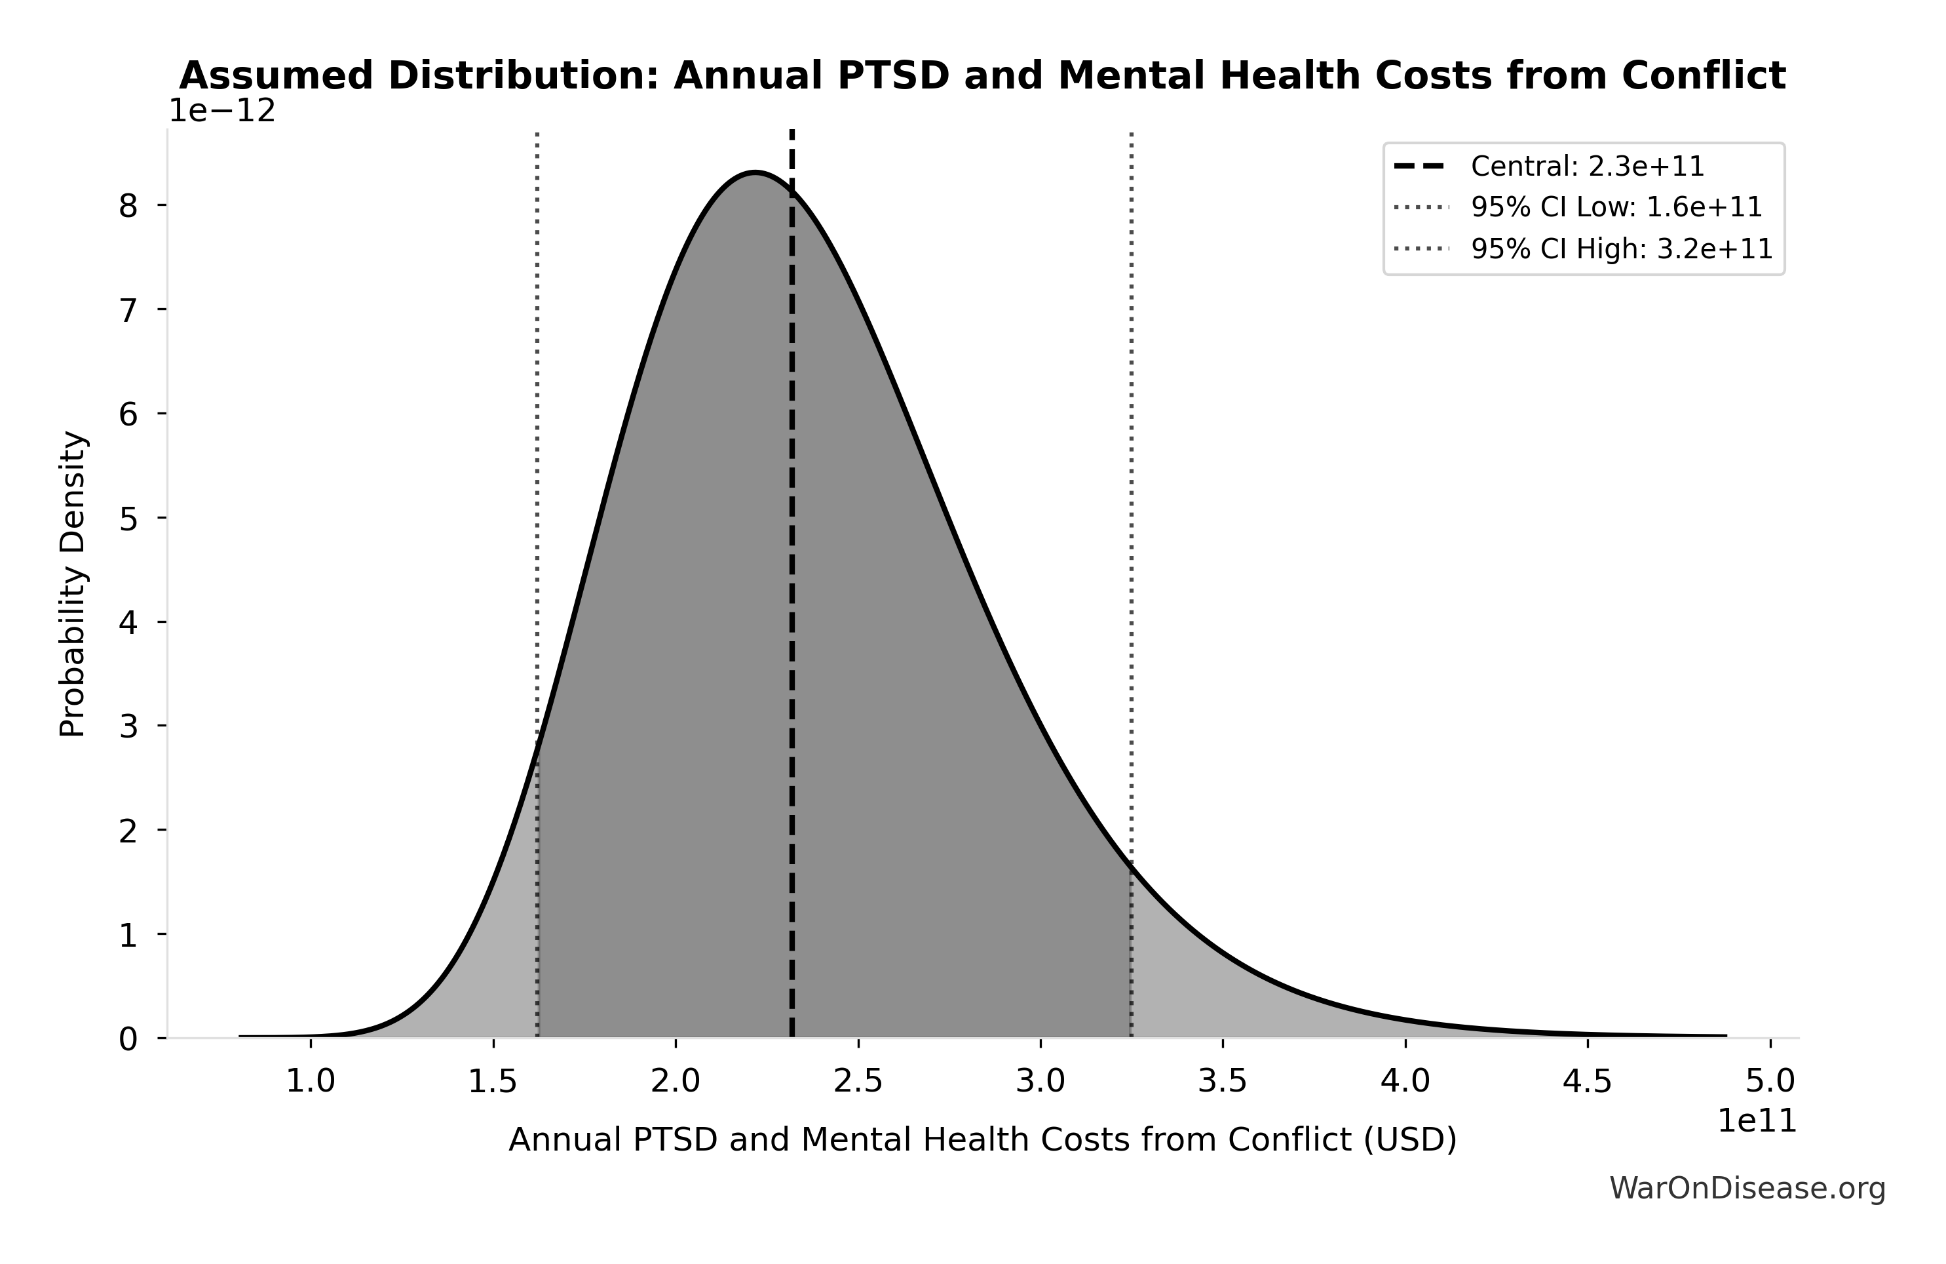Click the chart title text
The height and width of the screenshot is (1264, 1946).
(x=982, y=76)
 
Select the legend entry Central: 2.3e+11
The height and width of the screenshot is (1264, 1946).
(x=1587, y=167)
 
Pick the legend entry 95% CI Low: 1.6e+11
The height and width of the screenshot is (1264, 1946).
(x=1616, y=208)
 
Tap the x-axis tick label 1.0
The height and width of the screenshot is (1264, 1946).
(x=310, y=1082)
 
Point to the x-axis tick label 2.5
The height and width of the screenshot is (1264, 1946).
(x=858, y=1082)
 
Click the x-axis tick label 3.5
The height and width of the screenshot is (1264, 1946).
(x=1223, y=1082)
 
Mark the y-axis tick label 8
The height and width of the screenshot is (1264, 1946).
(x=128, y=206)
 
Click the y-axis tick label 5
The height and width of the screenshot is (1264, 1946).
(x=128, y=519)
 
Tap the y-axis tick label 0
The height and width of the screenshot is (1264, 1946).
(x=128, y=1040)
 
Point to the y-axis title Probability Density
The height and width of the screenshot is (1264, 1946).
(x=73, y=584)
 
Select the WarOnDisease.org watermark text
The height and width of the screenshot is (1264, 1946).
(x=1747, y=1189)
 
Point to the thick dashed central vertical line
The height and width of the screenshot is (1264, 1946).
(x=792, y=573)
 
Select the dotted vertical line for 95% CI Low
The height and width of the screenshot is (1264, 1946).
(x=537, y=409)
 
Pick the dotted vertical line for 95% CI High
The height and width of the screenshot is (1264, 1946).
(x=1132, y=409)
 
